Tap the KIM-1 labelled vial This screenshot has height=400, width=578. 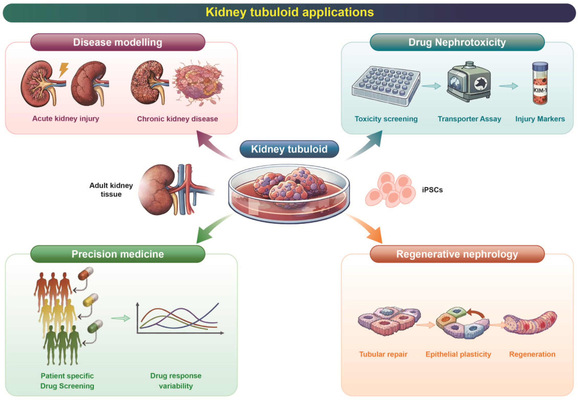point(540,83)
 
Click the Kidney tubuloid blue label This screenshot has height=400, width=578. point(289,149)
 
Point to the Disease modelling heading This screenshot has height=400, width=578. point(118,42)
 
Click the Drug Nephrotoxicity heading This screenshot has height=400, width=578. point(457,42)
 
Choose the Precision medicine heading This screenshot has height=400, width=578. point(118,254)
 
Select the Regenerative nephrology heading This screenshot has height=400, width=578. point(457,254)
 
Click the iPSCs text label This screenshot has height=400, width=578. point(432,190)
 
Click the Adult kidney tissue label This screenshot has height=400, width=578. point(111,190)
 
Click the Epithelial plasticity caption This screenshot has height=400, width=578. point(458,354)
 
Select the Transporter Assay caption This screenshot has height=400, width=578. point(469,119)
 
